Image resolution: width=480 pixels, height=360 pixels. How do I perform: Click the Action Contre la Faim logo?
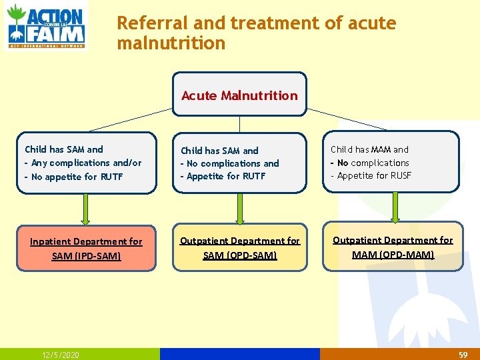46,26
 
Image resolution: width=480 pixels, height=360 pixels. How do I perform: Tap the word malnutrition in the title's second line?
171,44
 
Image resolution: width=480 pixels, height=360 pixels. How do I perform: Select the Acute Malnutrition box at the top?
239,95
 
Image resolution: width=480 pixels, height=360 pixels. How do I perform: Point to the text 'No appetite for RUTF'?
77,177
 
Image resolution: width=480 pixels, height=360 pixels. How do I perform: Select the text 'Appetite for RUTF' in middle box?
226,176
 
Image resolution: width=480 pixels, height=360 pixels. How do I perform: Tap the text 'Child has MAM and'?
369,149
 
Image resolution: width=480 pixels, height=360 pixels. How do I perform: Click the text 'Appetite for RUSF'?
374,175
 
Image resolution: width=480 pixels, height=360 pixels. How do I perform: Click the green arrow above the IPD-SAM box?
85,209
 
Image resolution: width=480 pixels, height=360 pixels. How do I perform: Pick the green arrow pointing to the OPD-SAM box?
239,209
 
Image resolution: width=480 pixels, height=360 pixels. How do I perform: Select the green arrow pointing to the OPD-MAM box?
394,208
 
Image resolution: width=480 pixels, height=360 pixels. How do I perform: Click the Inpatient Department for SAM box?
86,248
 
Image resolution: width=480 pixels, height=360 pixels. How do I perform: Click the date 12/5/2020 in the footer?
60,355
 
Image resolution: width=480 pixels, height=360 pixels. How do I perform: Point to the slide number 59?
463,355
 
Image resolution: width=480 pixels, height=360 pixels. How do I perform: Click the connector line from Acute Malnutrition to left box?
131,119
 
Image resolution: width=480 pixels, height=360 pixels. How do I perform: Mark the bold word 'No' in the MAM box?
343,163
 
